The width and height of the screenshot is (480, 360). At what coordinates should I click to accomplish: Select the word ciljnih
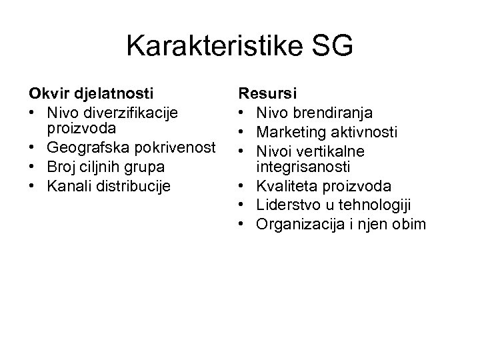[x=97, y=166]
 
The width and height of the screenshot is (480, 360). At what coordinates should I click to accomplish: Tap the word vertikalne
[x=339, y=149]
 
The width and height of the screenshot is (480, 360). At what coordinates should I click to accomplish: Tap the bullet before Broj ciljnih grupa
[x=31, y=166]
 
